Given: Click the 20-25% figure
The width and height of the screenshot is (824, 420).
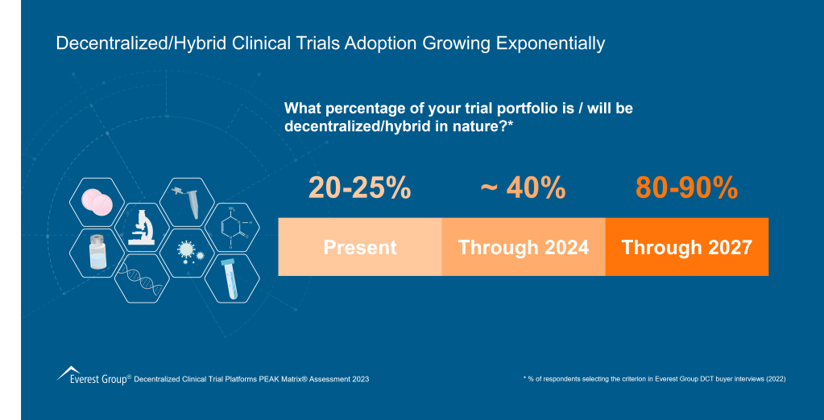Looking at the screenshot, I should [359, 187].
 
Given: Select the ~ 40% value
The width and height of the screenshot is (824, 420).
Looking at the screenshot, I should [523, 187].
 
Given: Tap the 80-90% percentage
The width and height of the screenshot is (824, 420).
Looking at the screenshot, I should [686, 187].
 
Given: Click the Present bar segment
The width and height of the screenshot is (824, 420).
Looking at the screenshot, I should [360, 247].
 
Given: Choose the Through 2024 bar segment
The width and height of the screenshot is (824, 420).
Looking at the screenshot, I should [524, 247].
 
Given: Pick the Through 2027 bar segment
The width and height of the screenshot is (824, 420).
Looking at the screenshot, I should [687, 247].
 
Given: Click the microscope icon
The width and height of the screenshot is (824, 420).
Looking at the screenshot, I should [141, 227].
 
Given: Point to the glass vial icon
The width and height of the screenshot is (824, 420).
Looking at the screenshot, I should [97, 253].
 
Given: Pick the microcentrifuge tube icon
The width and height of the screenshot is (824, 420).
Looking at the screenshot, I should [188, 201].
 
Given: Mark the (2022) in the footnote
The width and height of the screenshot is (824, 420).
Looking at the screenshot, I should [772, 378].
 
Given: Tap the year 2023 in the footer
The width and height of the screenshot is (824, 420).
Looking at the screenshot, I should [357, 378].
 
